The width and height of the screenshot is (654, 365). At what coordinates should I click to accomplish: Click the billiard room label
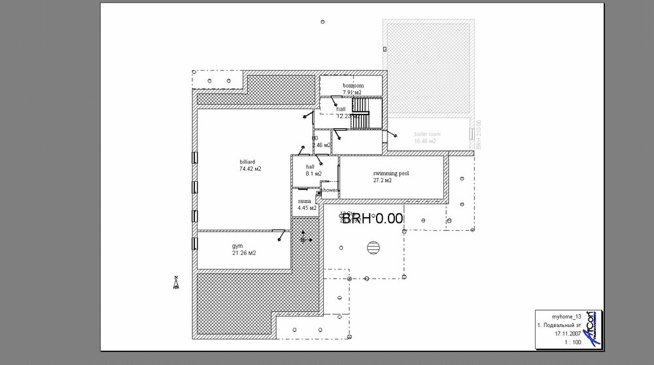tap(247, 162)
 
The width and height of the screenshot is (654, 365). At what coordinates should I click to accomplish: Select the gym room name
tap(237, 246)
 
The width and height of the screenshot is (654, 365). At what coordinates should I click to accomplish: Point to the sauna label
tap(304, 201)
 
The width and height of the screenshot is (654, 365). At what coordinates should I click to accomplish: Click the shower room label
tap(329, 190)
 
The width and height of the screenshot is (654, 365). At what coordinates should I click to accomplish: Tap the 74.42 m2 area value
tap(250, 169)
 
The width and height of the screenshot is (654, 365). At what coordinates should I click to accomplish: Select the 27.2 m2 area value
tap(383, 181)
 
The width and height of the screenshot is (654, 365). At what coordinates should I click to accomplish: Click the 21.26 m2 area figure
tap(243, 253)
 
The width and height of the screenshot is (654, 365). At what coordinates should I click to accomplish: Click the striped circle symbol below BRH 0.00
tap(373, 247)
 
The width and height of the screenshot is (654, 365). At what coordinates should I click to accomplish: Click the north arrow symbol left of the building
tap(175, 283)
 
